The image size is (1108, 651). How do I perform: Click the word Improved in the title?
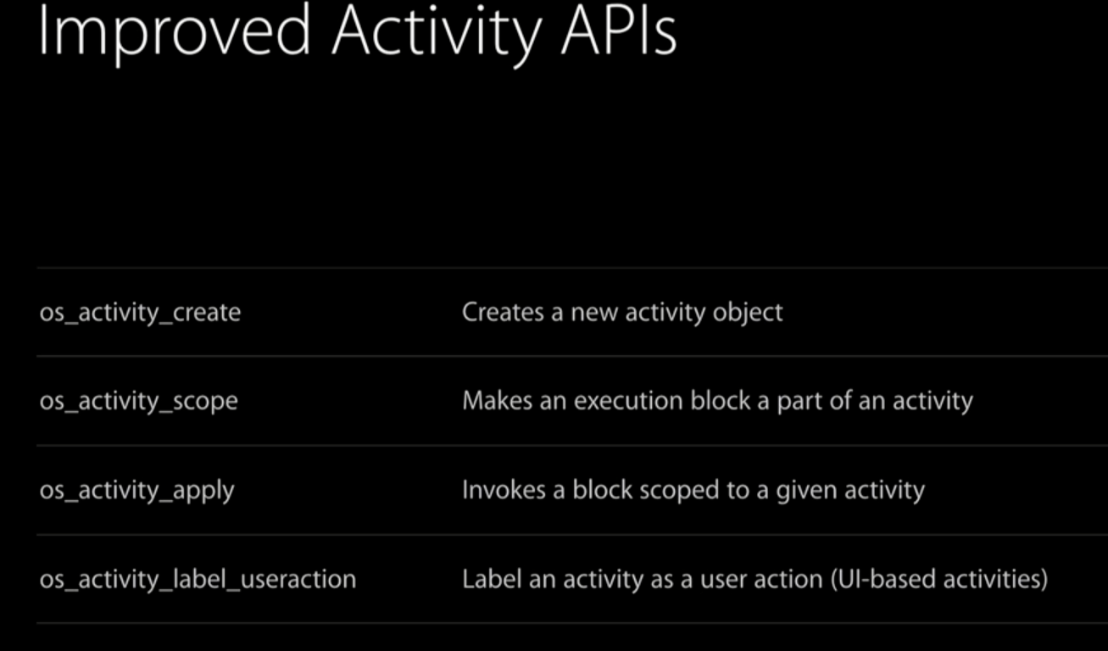click(174, 33)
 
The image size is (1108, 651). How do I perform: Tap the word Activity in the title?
click(437, 35)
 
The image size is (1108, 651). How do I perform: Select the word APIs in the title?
click(619, 30)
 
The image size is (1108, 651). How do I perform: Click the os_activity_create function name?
click(140, 313)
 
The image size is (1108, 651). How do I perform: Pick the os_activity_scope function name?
click(138, 402)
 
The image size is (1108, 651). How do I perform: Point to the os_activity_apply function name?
click(136, 492)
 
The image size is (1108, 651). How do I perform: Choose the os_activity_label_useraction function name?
click(198, 579)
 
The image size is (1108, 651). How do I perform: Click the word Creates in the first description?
click(503, 312)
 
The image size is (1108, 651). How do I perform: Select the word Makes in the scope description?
click(497, 401)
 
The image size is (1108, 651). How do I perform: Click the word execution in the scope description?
click(628, 401)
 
